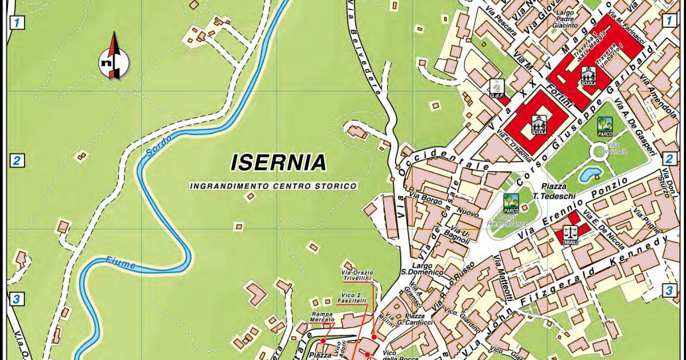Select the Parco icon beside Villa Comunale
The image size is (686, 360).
(x=604, y=126)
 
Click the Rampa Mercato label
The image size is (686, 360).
(x=322, y=317)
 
